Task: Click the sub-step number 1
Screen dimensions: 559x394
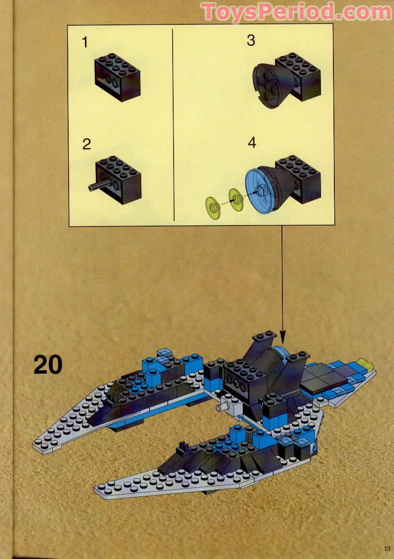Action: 85,43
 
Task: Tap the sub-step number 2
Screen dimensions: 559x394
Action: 86,144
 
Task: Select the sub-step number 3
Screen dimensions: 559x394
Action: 250,41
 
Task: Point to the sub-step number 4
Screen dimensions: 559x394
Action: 252,142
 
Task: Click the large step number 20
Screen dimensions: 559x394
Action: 48,365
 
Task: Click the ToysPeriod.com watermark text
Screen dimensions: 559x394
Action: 296,11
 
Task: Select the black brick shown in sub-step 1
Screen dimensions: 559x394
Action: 117,76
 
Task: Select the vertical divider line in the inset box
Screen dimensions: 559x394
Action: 172,124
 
